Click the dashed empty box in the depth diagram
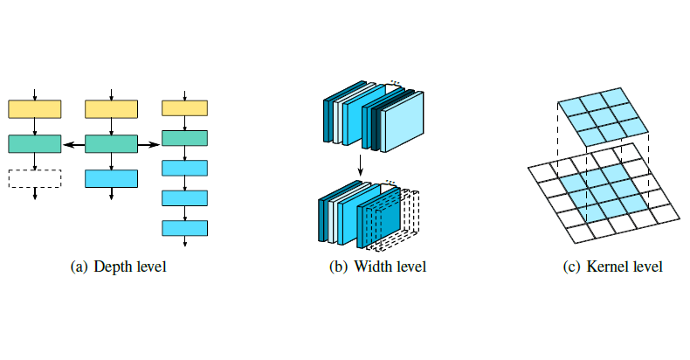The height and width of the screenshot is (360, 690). pos(34,177)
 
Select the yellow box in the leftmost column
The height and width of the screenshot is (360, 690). pos(34,109)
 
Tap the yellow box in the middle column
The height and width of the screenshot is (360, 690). pos(111,109)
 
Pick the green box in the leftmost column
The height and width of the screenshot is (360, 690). pos(34,143)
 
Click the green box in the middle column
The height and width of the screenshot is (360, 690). pos(111,143)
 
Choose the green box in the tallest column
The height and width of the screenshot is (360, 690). pos(185,138)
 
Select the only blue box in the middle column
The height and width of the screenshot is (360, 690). pos(111,178)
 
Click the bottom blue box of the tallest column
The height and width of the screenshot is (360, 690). pos(185,228)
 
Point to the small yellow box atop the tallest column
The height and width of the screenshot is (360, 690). pos(185,107)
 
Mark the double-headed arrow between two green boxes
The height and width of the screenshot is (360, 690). pos(72,143)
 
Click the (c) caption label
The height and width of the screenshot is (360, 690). pos(572,267)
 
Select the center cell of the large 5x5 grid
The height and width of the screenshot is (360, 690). pos(602,189)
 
